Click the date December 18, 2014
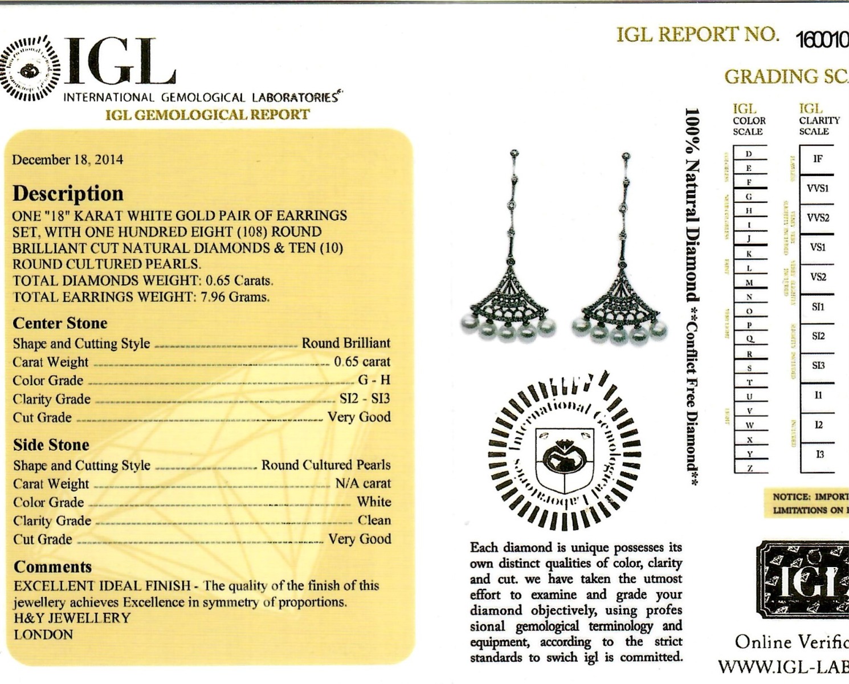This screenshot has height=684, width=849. (x=67, y=160)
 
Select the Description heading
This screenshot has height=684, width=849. (x=68, y=193)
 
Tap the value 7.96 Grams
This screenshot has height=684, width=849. (x=235, y=297)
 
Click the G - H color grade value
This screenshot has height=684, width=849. (x=374, y=380)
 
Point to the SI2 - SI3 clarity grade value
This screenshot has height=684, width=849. (x=365, y=398)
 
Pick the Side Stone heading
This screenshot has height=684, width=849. (x=51, y=445)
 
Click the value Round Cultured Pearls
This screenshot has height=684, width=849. (x=326, y=465)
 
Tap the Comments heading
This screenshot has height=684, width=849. (x=52, y=567)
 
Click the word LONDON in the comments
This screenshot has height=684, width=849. (x=43, y=634)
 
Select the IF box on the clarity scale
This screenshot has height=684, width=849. (x=818, y=159)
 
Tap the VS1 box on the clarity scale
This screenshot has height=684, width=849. (x=818, y=247)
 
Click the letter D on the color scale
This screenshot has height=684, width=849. (x=749, y=154)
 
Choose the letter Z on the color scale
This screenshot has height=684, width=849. (x=750, y=468)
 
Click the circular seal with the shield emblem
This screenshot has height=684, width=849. (x=565, y=450)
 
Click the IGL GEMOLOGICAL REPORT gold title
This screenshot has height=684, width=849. (x=207, y=115)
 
